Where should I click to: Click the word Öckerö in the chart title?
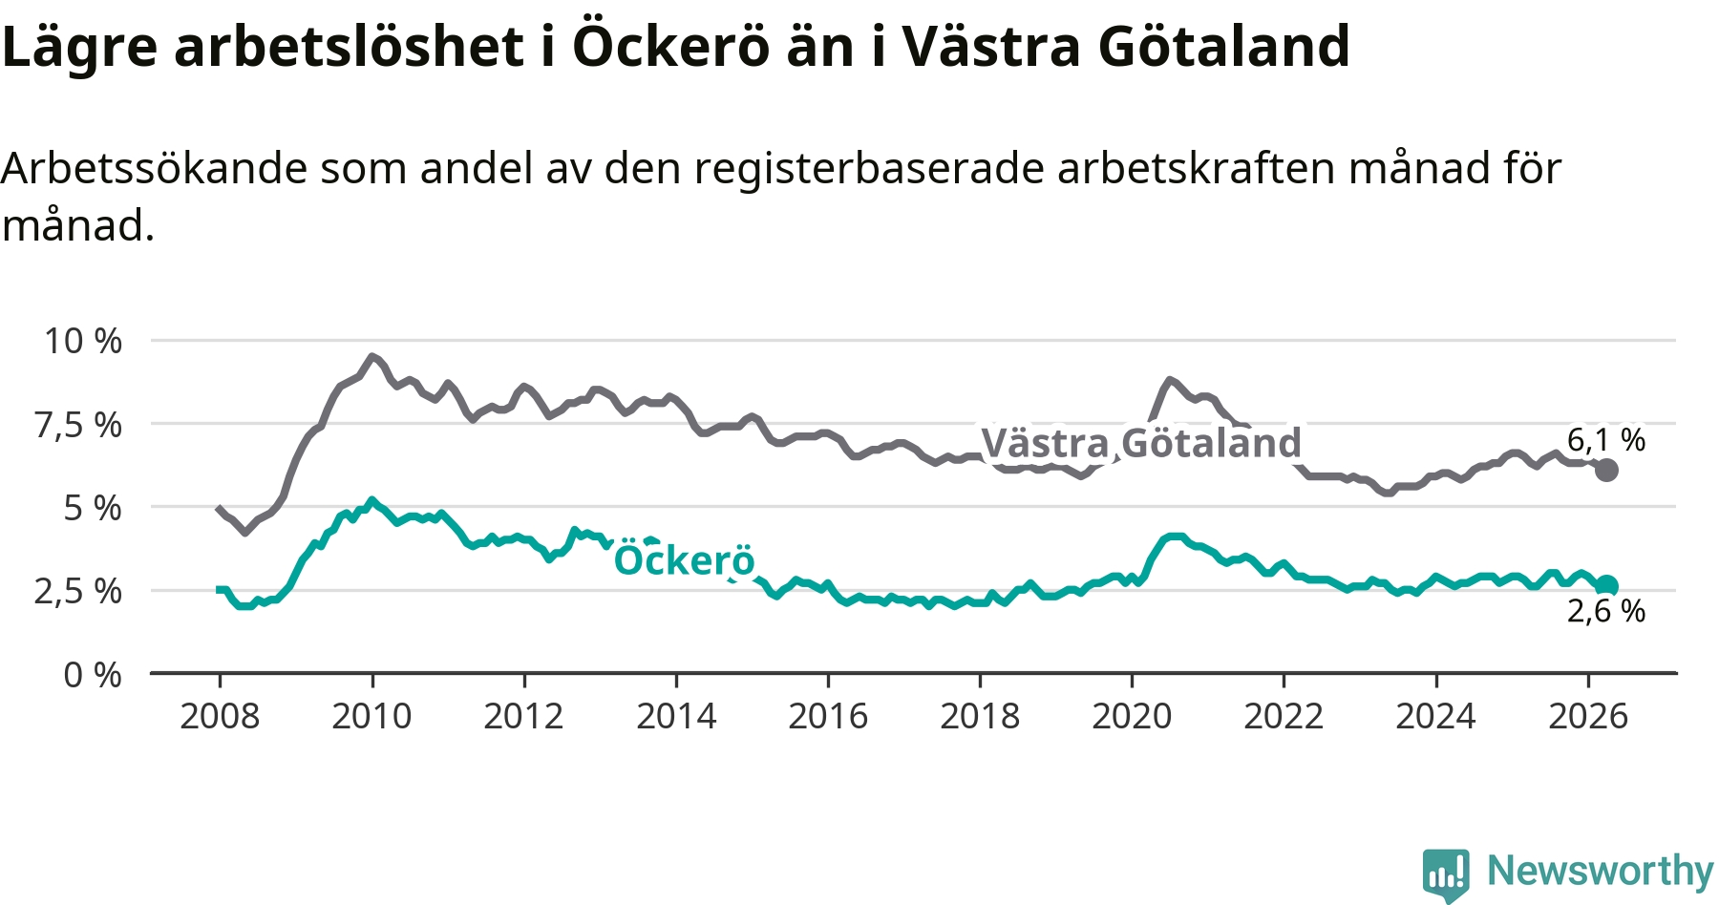(670, 46)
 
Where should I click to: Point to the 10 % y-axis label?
(83, 341)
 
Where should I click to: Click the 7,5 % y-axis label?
(79, 425)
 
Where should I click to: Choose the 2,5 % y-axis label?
(79, 591)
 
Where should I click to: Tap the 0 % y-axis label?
(93, 675)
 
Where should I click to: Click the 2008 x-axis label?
(220, 716)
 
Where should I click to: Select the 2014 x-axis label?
(676, 716)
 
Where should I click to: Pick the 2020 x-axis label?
(1132, 716)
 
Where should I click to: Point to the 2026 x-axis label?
(1588, 716)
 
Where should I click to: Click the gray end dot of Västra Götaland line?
(1606, 470)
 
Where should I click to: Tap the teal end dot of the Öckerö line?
(1607, 586)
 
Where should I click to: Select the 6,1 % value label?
(1606, 439)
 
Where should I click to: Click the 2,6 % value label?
(1606, 611)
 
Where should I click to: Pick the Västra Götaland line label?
(1141, 443)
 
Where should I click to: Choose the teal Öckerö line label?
(684, 560)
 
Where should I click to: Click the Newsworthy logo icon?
(1446, 874)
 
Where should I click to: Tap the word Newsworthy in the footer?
(1601, 871)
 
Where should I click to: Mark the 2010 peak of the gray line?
(371, 356)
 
